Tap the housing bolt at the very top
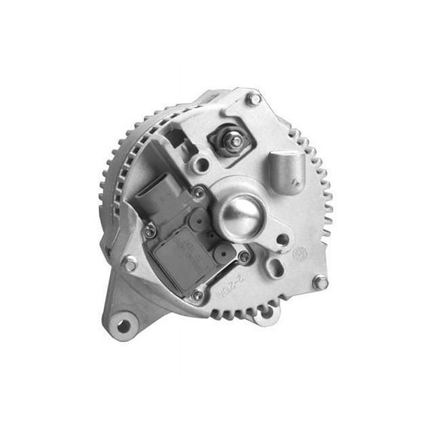click(254, 98)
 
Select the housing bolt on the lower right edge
click(320, 282)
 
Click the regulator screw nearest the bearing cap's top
click(198, 193)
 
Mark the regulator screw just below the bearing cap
click(243, 256)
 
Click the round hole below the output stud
click(200, 164)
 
